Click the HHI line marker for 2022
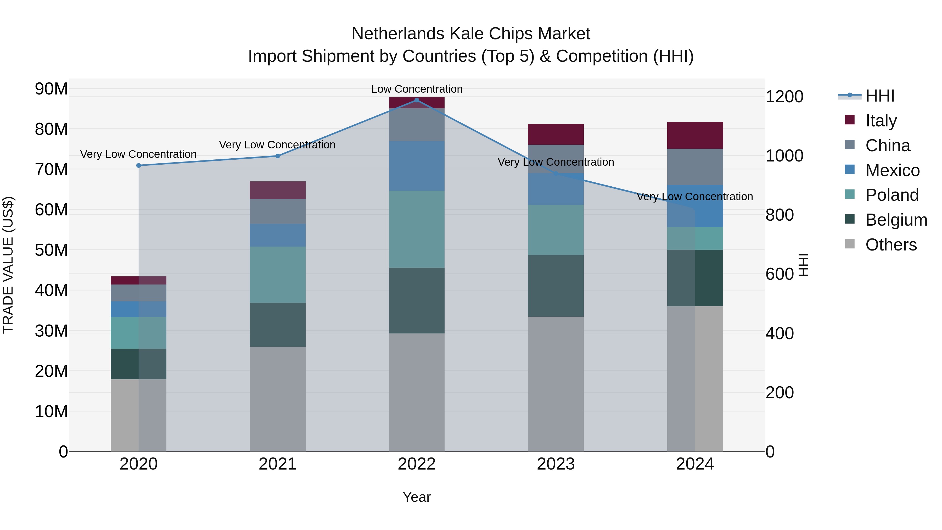[417, 100]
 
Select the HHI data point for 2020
[139, 166]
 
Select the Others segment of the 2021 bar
[278, 399]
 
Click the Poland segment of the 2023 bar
[556, 230]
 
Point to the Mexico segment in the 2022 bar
[417, 166]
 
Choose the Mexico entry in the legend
[892, 170]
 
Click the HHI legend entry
[879, 96]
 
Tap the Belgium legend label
[896, 220]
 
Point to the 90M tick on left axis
[51, 89]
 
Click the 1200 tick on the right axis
[784, 97]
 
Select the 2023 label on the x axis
[556, 464]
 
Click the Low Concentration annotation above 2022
[417, 89]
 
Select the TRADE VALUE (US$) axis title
[8, 265]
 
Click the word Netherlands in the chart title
[398, 34]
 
